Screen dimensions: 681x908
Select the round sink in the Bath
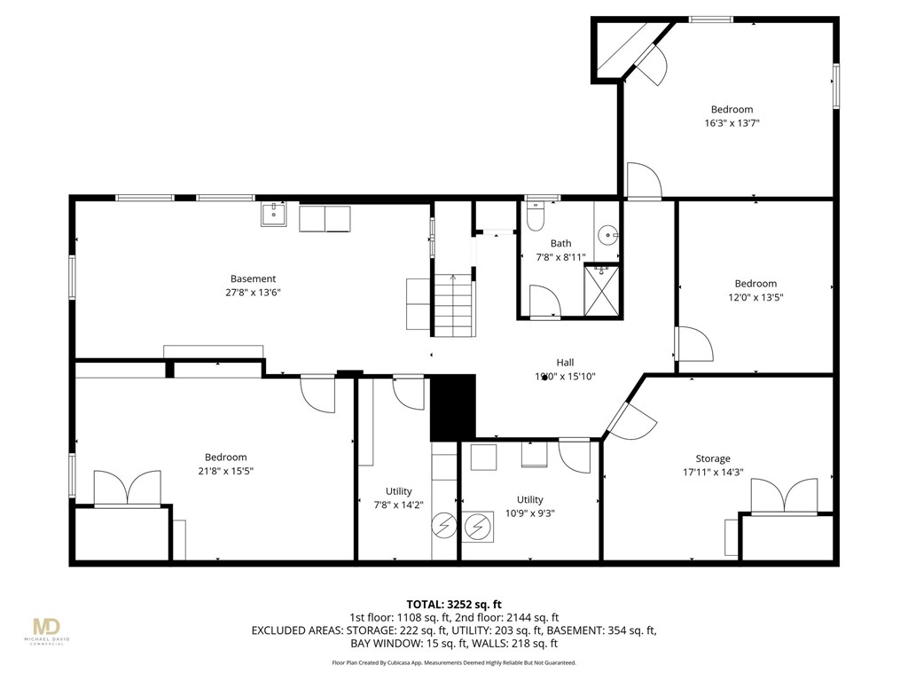pyautogui.click(x=608, y=235)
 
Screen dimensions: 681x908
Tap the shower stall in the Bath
pyautogui.click(x=602, y=291)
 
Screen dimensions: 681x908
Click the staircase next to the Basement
pyautogui.click(x=453, y=305)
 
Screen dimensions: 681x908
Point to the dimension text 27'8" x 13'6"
pyautogui.click(x=254, y=293)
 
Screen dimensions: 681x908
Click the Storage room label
pyautogui.click(x=712, y=458)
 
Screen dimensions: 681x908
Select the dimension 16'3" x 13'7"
pyautogui.click(x=731, y=123)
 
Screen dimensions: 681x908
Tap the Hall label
pyautogui.click(x=565, y=362)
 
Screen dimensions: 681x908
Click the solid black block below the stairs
pyautogui.click(x=453, y=407)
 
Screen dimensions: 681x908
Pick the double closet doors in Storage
pyautogui.click(x=784, y=497)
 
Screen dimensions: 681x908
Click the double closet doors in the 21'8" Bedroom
pyautogui.click(x=128, y=489)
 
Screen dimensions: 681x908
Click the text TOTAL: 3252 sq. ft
pyautogui.click(x=453, y=602)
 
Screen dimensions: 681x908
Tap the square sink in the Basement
pyautogui.click(x=273, y=215)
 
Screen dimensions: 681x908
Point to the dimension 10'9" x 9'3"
pyautogui.click(x=530, y=513)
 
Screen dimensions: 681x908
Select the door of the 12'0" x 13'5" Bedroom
pyautogui.click(x=693, y=344)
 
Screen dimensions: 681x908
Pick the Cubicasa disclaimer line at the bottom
pyautogui.click(x=453, y=662)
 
